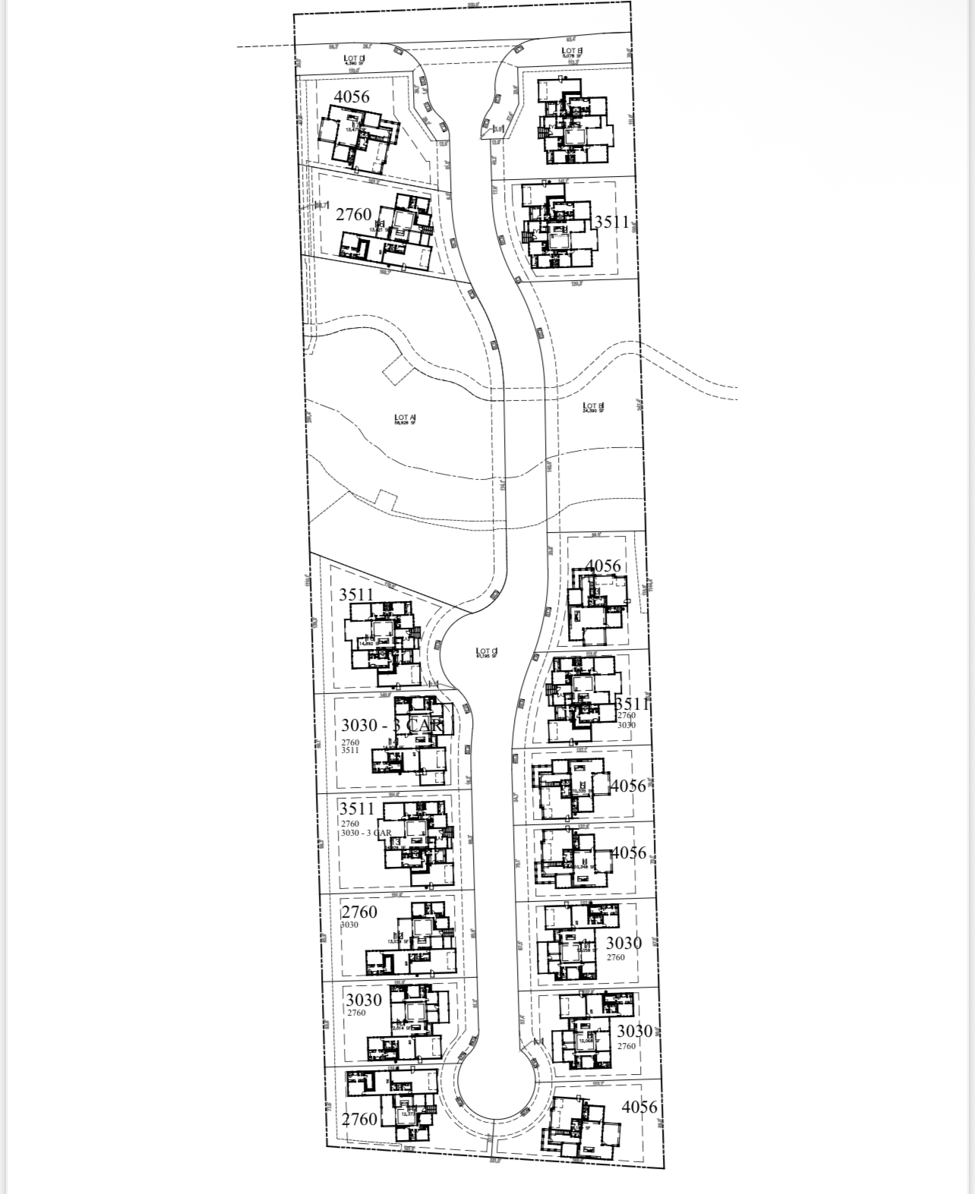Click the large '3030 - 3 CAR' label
coord(391,725)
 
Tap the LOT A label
coord(404,418)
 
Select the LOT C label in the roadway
coord(486,652)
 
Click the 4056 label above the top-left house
coord(352,96)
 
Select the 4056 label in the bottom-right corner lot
coord(639,1107)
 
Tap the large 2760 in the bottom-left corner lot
coord(359,1120)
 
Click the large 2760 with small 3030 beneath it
coord(359,912)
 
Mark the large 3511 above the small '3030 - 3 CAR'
coord(357,808)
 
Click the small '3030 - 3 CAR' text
coord(366,833)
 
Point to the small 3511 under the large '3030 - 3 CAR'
coord(350,750)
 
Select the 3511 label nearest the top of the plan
coord(611,222)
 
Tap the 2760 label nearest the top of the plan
coord(354,215)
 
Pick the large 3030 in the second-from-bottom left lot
coord(364,1000)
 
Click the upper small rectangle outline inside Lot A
coord(396,371)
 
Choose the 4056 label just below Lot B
coord(604,565)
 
